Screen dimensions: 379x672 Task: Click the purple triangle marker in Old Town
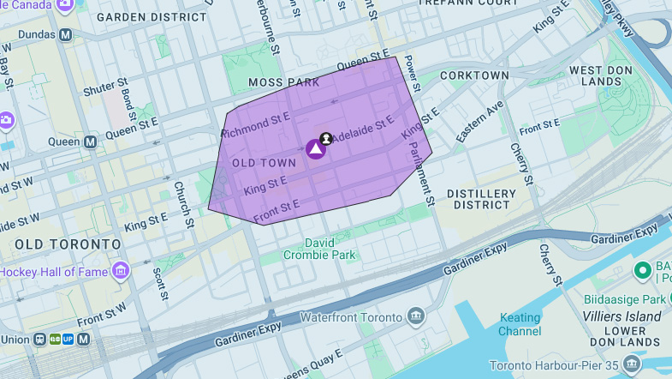tap(316, 149)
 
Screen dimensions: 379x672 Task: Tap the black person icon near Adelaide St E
tap(326, 138)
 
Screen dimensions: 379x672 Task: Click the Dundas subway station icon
tap(66, 35)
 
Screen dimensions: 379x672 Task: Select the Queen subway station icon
tap(91, 141)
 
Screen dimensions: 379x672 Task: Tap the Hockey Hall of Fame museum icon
tap(121, 271)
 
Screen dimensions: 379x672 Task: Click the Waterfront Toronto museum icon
tap(416, 317)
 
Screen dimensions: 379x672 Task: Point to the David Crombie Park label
tap(318, 249)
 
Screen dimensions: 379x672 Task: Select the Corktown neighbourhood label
tap(474, 75)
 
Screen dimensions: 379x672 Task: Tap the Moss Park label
tap(283, 82)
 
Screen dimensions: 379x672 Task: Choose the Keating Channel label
tap(520, 324)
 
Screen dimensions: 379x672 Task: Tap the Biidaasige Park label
tap(623, 300)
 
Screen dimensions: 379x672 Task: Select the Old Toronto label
tap(68, 244)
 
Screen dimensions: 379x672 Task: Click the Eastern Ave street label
tap(480, 123)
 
